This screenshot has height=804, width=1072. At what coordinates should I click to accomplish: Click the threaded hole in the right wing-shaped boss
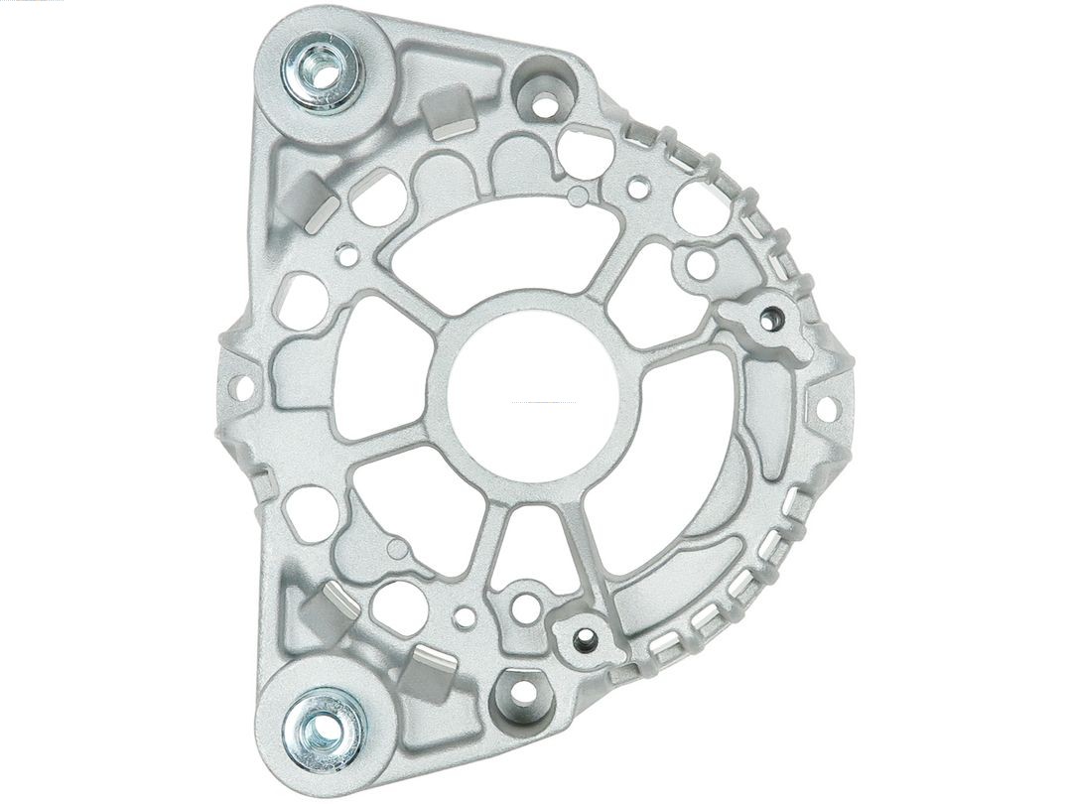(x=771, y=319)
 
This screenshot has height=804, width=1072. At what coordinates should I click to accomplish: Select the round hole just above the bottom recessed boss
(x=525, y=606)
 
